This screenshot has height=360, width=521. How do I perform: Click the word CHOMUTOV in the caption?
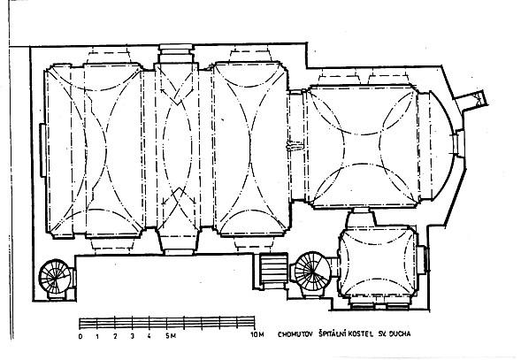[295, 334]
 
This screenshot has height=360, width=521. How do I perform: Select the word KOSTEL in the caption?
[361, 334]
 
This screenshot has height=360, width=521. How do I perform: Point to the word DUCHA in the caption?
[400, 333]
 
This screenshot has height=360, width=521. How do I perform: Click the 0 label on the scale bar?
[80, 336]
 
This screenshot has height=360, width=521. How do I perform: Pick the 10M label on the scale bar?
[257, 334]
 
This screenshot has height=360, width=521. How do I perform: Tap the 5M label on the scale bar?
[171, 336]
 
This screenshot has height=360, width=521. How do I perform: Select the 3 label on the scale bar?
[133, 336]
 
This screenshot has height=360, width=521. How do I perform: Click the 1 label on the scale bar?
[97, 336]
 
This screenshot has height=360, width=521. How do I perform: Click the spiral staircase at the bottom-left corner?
[55, 277]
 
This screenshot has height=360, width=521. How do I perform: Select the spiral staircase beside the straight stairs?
[312, 270]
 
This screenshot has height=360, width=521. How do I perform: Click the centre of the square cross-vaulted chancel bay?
[362, 149]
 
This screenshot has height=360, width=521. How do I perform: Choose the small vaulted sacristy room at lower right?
[377, 262]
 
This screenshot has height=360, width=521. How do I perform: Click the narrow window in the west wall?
[42, 149]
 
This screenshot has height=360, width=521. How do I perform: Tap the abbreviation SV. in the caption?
[381, 334]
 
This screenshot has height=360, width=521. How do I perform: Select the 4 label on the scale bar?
[149, 336]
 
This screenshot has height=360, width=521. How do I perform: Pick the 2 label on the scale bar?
[115, 336]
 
